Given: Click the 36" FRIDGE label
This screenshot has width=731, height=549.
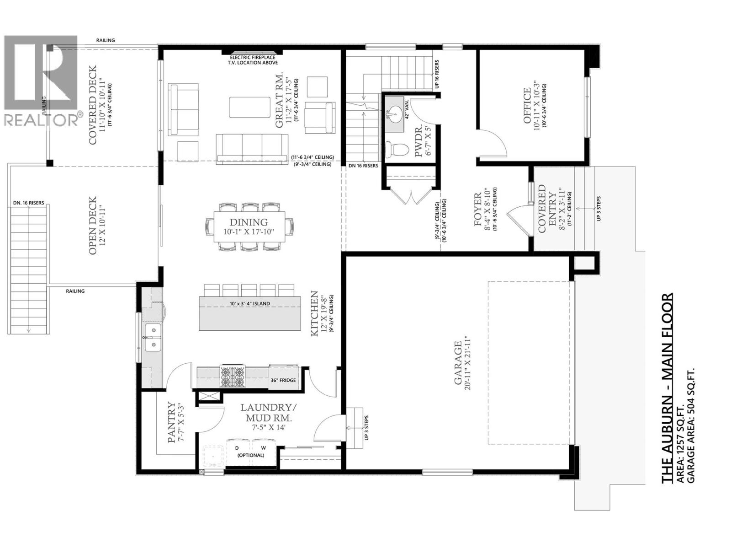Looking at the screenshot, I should click(283, 380).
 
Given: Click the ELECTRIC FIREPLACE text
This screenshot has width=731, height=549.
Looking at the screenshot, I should click(254, 57).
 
